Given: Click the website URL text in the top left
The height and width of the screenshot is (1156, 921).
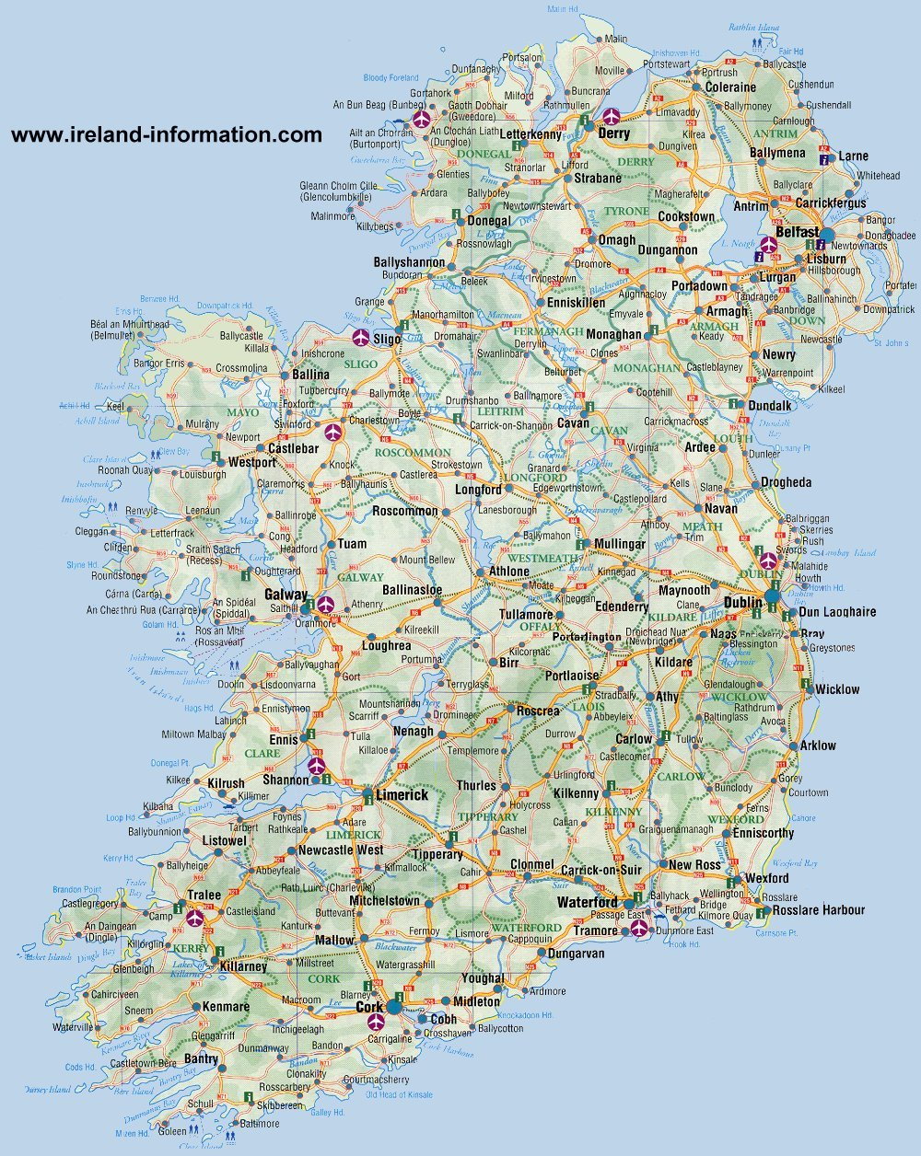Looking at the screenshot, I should pos(167,135).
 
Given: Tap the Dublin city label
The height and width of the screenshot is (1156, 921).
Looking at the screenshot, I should pos(742,602).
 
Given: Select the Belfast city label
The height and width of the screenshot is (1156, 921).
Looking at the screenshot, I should pos(797,232).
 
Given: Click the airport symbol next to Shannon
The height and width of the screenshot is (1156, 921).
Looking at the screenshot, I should pos(317,765).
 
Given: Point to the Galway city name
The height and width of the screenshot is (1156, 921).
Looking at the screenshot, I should pos(286,595).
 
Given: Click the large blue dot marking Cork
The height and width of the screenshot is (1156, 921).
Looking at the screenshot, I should pos(394,1007).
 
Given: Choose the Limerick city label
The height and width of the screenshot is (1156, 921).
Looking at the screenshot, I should pos(402,794).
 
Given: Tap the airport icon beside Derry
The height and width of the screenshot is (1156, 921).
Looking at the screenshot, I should pos(611,117).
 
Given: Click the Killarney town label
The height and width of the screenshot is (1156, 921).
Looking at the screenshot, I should pos(243,966).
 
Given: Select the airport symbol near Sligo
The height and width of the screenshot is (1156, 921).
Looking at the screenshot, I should pos(359,337).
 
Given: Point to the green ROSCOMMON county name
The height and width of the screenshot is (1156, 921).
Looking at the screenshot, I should pos(413,453).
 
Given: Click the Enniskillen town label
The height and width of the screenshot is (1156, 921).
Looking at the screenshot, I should pos(576,302).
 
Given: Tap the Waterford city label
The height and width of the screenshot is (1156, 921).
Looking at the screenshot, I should pos(587,902).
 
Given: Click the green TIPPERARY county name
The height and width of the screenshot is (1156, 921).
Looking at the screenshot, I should pos(488,816).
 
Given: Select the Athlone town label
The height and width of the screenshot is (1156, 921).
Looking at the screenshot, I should pos(508,571).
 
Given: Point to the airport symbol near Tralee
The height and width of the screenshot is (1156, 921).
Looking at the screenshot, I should pos(195,917).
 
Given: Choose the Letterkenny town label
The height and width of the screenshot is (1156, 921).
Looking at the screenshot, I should pos(530,135).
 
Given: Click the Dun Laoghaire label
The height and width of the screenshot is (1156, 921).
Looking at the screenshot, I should pos(837,611).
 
